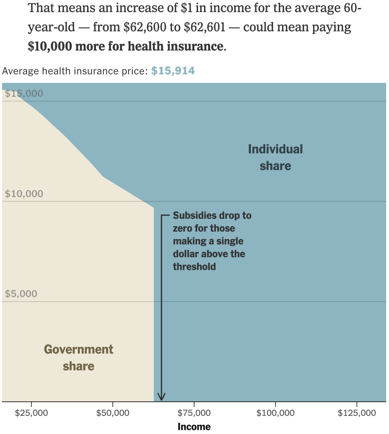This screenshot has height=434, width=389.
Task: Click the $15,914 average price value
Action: pyautogui.click(x=173, y=71)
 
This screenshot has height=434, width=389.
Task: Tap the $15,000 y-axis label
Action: pyautogui.click(x=24, y=94)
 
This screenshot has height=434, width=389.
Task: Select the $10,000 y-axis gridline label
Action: pyautogui.click(x=24, y=194)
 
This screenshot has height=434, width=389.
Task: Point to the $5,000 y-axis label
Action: pyautogui.click(x=21, y=294)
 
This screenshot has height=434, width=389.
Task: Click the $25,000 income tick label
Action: pyautogui.click(x=31, y=413)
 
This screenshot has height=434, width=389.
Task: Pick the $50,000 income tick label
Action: pyautogui.click(x=113, y=413)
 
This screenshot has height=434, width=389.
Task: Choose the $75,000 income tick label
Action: pyautogui.click(x=194, y=413)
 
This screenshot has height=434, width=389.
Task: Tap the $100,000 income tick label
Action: pyautogui.click(x=275, y=413)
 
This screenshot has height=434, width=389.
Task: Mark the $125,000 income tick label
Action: pyautogui.click(x=357, y=413)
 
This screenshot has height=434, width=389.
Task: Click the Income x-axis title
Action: pyautogui.click(x=194, y=427)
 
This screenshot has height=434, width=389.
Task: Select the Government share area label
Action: pyautogui.click(x=79, y=358)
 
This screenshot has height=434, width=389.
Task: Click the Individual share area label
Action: pyautogui.click(x=275, y=157)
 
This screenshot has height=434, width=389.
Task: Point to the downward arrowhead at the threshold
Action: pyautogui.click(x=161, y=397)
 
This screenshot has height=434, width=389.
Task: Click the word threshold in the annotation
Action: pyautogui.click(x=194, y=267)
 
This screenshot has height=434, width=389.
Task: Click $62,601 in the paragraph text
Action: pyautogui.click(x=204, y=27)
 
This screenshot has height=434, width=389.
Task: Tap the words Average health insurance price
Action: pyautogui.click(x=75, y=71)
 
